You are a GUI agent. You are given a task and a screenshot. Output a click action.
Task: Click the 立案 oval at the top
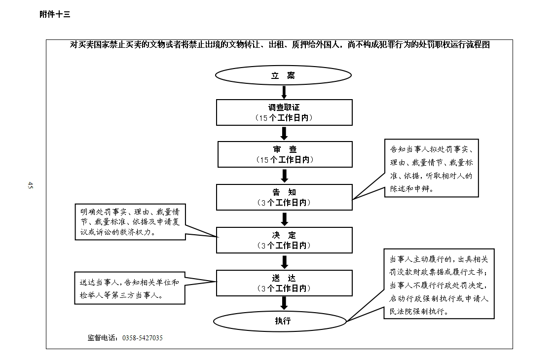click(x=283, y=75)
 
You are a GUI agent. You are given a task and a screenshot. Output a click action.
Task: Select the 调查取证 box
click(x=285, y=112)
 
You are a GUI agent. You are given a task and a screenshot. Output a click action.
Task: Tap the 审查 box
click(x=285, y=154)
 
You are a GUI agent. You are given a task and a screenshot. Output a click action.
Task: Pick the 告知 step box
click(x=285, y=197)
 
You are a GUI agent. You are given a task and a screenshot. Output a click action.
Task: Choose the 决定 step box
click(x=285, y=240)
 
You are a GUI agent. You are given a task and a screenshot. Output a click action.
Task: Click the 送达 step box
click(x=285, y=283)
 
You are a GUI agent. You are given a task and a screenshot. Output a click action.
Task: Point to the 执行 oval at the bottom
click(x=280, y=321)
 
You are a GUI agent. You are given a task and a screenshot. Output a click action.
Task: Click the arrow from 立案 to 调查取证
click(x=284, y=92)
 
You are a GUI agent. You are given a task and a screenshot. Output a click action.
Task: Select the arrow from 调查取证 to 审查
click(x=284, y=134)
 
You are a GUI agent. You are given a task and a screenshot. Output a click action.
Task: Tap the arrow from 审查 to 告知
click(x=285, y=176)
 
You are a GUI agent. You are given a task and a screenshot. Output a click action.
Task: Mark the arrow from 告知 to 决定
click(x=285, y=218)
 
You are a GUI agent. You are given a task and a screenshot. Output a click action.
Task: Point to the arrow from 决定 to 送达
click(x=285, y=261)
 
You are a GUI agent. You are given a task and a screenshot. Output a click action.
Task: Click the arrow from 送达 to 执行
click(x=284, y=303)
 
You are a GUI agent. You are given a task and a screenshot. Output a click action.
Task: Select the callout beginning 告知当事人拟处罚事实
click(x=431, y=168)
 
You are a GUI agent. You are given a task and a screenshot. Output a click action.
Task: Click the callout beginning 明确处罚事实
click(x=130, y=222)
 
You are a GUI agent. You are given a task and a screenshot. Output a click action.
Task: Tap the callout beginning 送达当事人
click(x=130, y=288)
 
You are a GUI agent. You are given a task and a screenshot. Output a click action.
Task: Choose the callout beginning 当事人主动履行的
click(x=439, y=284)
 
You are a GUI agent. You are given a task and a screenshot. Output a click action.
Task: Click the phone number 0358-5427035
click(x=143, y=338)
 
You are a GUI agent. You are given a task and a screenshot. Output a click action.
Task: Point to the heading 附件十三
click(x=55, y=14)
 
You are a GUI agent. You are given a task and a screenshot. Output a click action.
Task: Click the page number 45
click(x=30, y=185)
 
